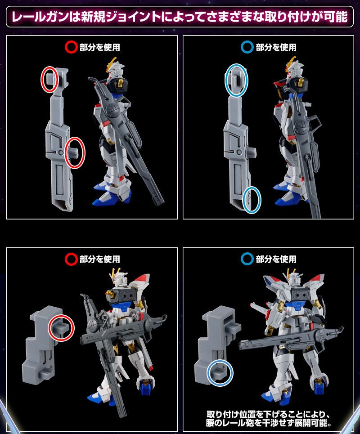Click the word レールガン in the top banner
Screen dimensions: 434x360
(x=38, y=18)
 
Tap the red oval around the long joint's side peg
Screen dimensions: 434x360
(x=75, y=153)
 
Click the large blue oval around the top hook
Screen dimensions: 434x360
(x=237, y=80)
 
